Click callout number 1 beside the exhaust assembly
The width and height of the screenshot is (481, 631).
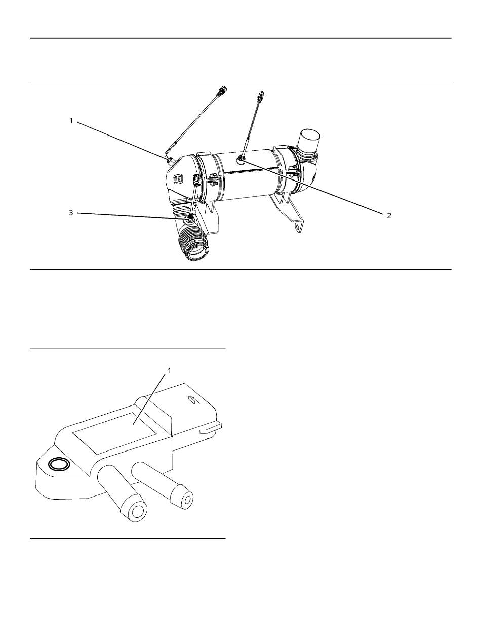click(71, 121)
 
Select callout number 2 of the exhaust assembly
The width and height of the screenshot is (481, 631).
click(389, 215)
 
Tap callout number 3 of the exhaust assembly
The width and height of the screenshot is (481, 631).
click(71, 213)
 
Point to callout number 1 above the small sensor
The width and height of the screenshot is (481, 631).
click(169, 371)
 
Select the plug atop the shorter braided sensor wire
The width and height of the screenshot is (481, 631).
click(261, 94)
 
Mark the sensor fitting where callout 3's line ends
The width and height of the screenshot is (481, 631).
click(190, 219)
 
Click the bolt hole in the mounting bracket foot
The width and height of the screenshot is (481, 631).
click(297, 227)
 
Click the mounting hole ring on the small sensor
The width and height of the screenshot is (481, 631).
click(59, 464)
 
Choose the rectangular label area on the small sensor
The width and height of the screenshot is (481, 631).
click(115, 430)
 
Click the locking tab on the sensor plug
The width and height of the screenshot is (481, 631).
click(211, 428)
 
